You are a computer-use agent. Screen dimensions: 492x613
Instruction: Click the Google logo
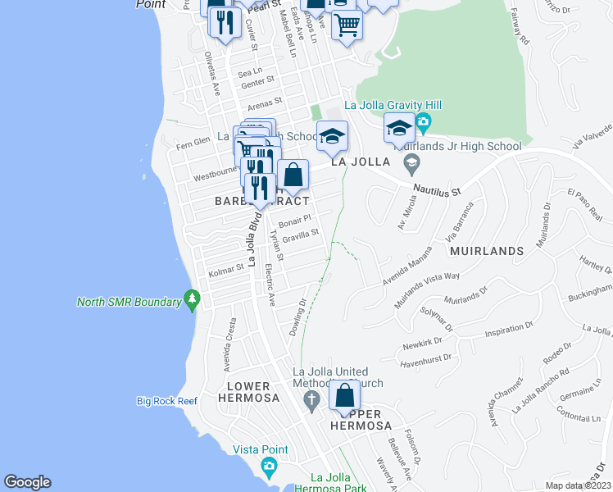pyautogui.click(x=28, y=482)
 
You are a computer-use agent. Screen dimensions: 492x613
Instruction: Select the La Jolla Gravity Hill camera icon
pyautogui.click(x=423, y=125)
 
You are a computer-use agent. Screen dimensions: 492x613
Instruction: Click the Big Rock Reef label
pyautogui.click(x=167, y=401)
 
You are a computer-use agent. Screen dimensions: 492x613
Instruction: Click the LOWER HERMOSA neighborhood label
pyautogui.click(x=249, y=392)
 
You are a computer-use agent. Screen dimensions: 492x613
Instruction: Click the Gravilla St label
pyautogui.click(x=299, y=237)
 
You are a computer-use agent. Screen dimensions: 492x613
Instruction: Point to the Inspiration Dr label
pyautogui.click(x=509, y=330)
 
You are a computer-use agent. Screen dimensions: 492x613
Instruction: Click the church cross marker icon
pyautogui.click(x=311, y=402)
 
